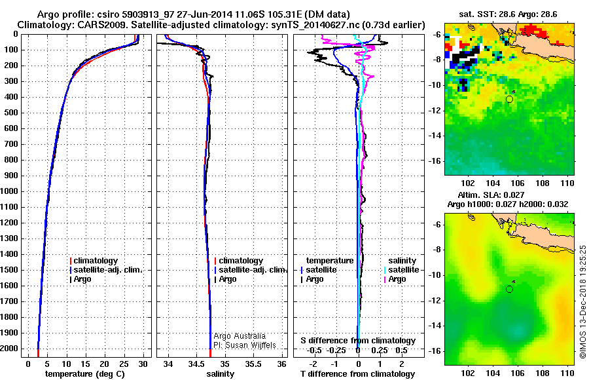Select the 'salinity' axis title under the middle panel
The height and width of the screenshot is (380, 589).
pyautogui.click(x=220, y=373)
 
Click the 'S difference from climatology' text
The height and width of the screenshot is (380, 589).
pyautogui.click(x=358, y=341)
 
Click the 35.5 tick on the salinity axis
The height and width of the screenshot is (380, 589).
pyautogui.click(x=254, y=364)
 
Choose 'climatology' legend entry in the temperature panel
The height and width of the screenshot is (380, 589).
pyautogui.click(x=96, y=261)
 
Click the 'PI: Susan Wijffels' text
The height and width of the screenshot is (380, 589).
pyautogui.click(x=245, y=345)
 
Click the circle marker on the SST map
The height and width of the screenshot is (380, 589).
pyautogui.click(x=509, y=99)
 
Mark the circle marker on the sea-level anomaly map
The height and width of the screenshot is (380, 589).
pyautogui.click(x=509, y=289)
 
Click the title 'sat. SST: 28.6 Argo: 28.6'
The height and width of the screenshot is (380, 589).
pyautogui.click(x=510, y=13)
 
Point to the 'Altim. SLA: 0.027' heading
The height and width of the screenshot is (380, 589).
pyautogui.click(x=510, y=195)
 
